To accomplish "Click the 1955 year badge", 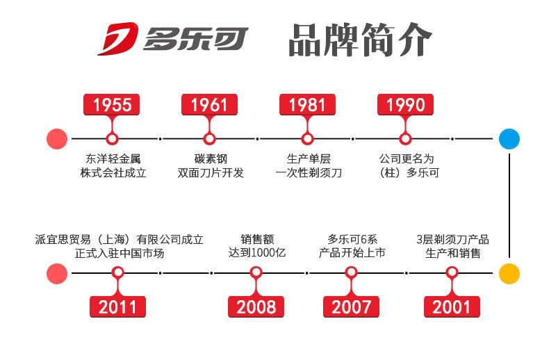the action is pyautogui.click(x=112, y=105).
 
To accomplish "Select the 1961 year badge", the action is pyautogui.click(x=209, y=105).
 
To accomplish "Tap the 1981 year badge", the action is pyautogui.click(x=307, y=105).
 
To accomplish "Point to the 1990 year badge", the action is pyautogui.click(x=405, y=105).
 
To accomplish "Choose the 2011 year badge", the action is pyautogui.click(x=117, y=306).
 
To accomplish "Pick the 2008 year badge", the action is pyautogui.click(x=256, y=306).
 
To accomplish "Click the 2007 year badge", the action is pyautogui.click(x=352, y=306).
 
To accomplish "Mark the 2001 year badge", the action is pyautogui.click(x=452, y=306).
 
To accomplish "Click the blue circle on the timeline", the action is pyautogui.click(x=509, y=138).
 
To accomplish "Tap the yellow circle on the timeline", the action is pyautogui.click(x=509, y=273).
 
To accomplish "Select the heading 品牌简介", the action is pyautogui.click(x=360, y=40).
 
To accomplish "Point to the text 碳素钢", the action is pyautogui.click(x=210, y=158).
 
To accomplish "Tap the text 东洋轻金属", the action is pyautogui.click(x=113, y=158).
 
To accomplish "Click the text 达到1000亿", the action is pyautogui.click(x=256, y=253).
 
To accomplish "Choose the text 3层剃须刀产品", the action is pyautogui.click(x=452, y=239).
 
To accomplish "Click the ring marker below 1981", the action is pyautogui.click(x=307, y=138).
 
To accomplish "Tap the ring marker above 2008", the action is pyautogui.click(x=256, y=272).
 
